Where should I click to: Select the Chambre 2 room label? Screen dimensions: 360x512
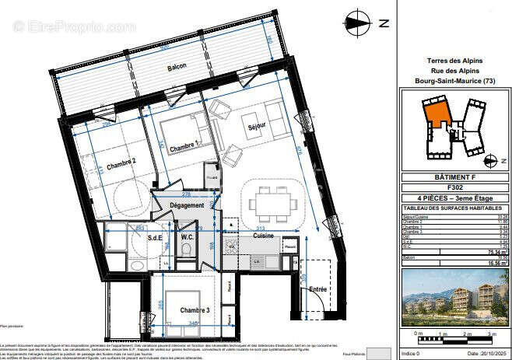coord(122,163)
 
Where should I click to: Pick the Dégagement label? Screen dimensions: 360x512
coord(187,206)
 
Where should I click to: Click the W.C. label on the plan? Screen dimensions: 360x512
coord(188,238)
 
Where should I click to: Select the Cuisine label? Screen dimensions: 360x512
coord(263,235)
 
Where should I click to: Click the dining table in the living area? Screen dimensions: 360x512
coord(272,204)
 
